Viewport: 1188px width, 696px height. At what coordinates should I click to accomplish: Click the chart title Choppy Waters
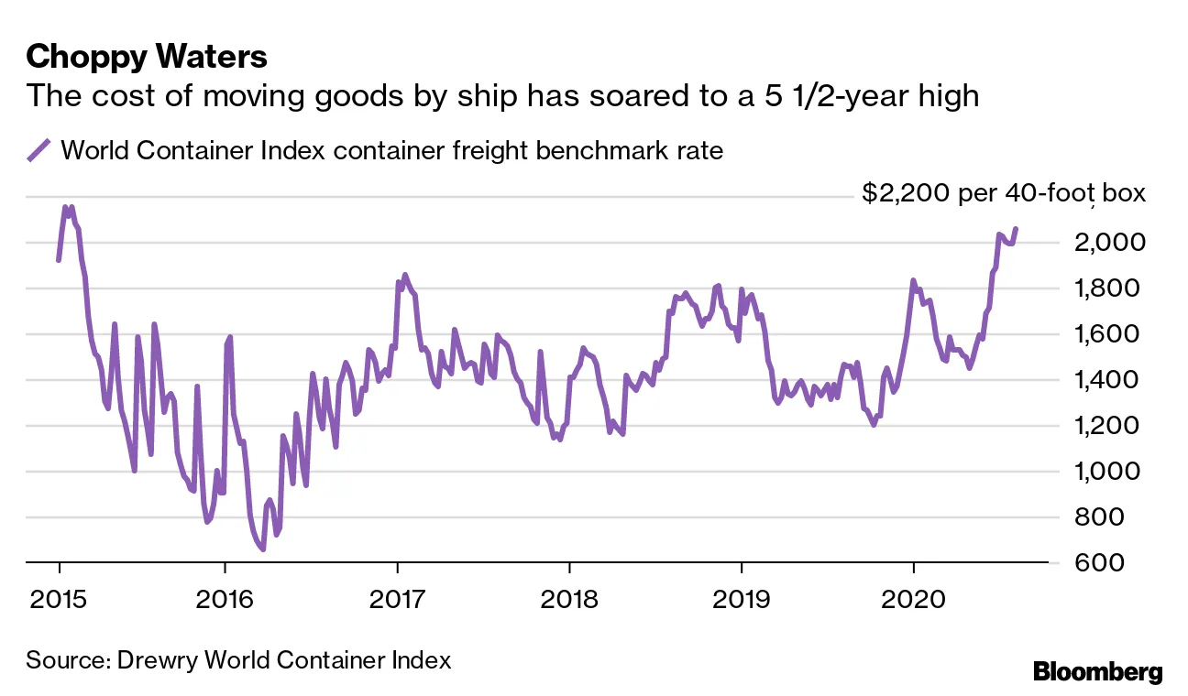click(147, 57)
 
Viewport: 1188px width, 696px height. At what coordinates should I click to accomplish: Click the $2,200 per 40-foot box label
click(1004, 194)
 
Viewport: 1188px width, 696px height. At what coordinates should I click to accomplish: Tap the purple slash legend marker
click(38, 150)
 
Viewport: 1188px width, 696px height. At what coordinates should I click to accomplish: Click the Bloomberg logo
click(1097, 672)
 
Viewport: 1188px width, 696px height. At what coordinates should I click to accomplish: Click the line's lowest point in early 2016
click(262, 549)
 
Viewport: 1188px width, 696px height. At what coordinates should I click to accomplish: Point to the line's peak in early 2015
click(65, 207)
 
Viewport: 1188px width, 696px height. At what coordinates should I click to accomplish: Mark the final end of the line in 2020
click(1015, 228)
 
